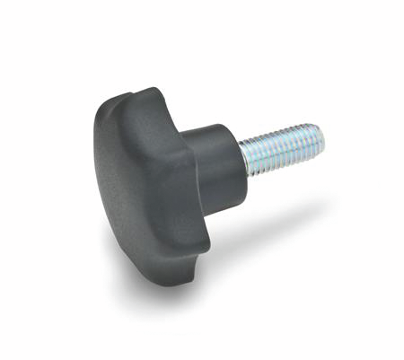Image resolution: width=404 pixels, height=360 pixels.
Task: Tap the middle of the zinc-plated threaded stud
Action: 282,148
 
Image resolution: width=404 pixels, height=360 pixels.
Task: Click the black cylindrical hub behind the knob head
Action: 214,162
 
